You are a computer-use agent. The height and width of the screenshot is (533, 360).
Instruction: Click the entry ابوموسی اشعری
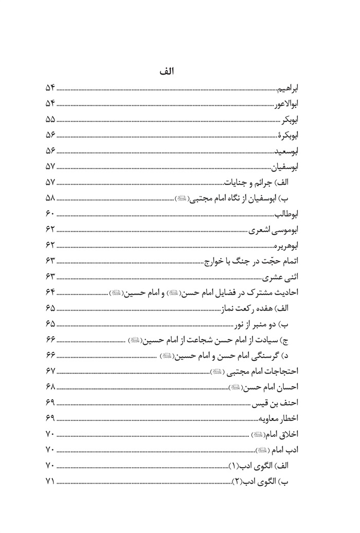(x=278, y=229)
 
